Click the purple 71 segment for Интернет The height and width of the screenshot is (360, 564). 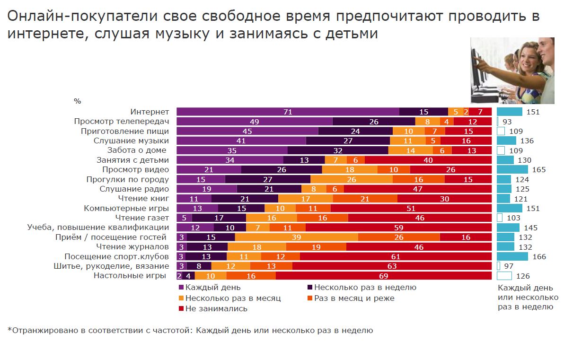(288, 112)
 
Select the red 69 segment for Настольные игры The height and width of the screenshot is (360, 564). (384, 276)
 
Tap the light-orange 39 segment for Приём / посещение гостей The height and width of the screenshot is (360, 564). (296, 237)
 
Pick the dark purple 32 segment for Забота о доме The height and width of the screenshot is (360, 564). (337, 150)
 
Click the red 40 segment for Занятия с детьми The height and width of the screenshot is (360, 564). (428, 160)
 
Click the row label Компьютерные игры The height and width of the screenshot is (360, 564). (126, 208)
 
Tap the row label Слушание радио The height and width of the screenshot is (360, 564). (141, 189)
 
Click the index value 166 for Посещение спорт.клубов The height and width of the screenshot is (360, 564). (539, 256)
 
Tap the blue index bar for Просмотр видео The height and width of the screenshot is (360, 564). (512, 169)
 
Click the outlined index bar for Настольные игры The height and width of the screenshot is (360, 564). (504, 276)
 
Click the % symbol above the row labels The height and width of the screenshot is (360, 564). (77, 101)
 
